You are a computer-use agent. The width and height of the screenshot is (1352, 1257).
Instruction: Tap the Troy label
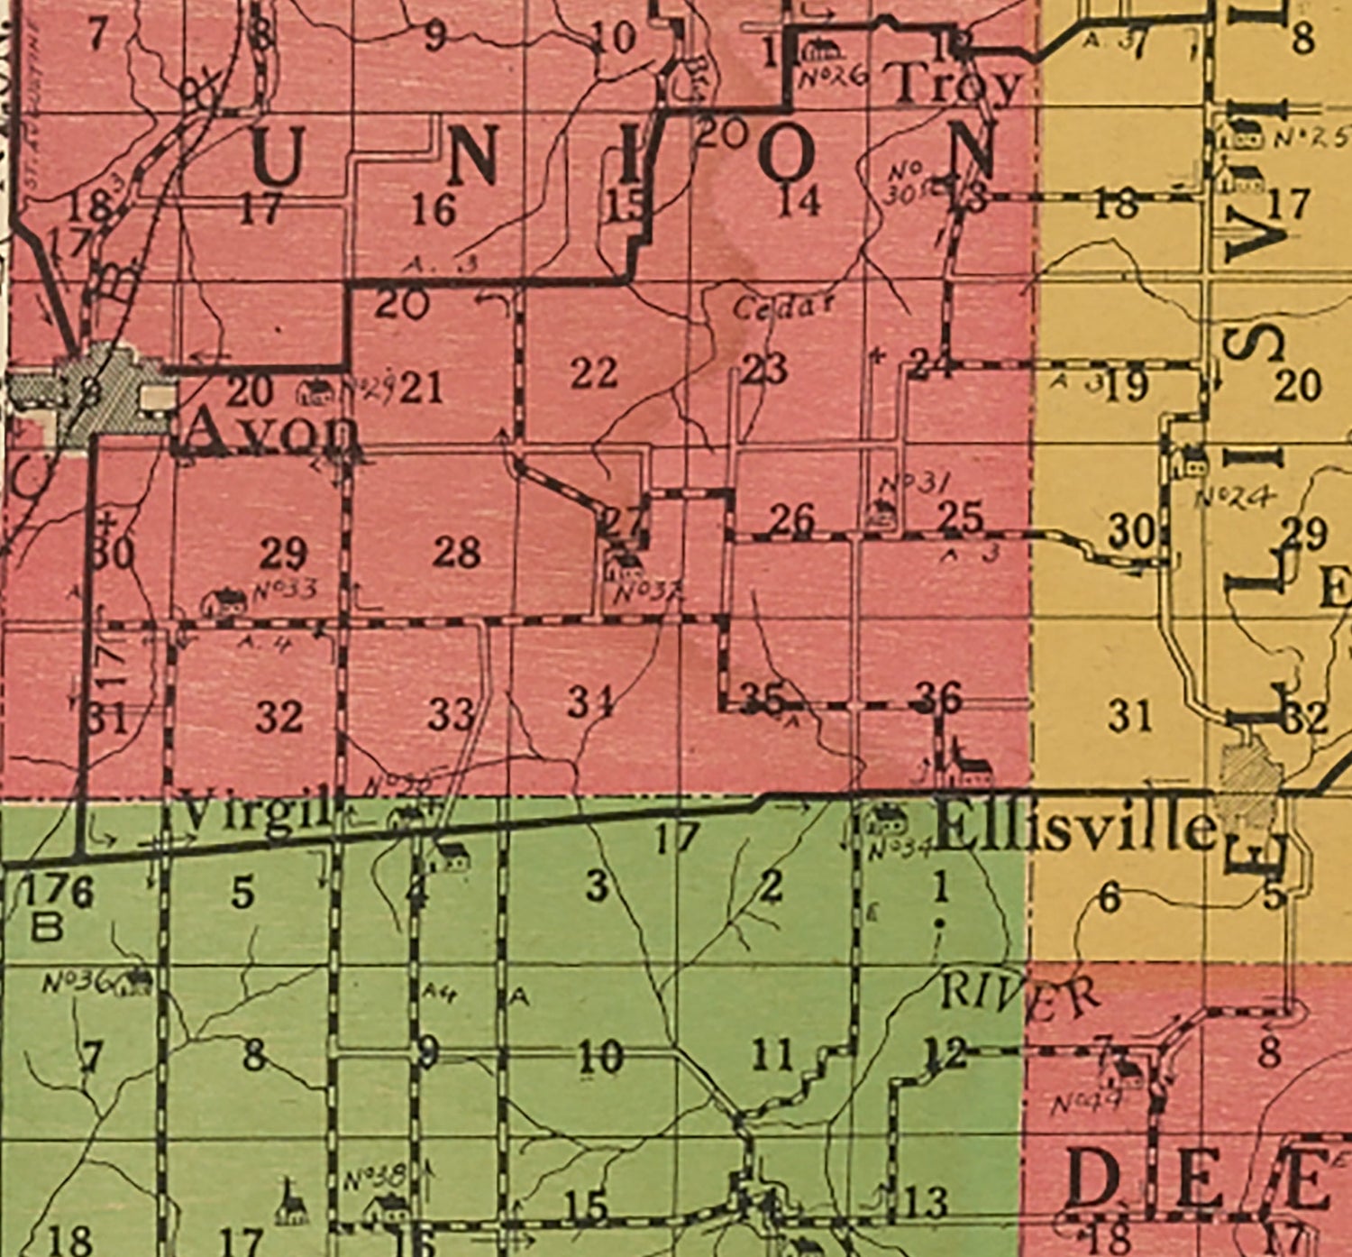957,84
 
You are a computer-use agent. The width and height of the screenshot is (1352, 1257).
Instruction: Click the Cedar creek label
783,307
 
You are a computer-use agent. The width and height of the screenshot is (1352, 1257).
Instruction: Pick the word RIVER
1019,993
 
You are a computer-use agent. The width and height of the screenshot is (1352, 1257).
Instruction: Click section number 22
594,372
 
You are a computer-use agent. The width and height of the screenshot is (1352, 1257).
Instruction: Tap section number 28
455,551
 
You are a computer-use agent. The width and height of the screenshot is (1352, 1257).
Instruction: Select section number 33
451,715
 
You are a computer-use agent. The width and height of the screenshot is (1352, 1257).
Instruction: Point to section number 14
799,200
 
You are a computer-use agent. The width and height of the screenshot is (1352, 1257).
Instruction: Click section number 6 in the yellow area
1110,895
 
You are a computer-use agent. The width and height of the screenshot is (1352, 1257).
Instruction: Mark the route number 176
56,892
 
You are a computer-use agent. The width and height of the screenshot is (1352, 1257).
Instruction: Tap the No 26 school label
834,73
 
